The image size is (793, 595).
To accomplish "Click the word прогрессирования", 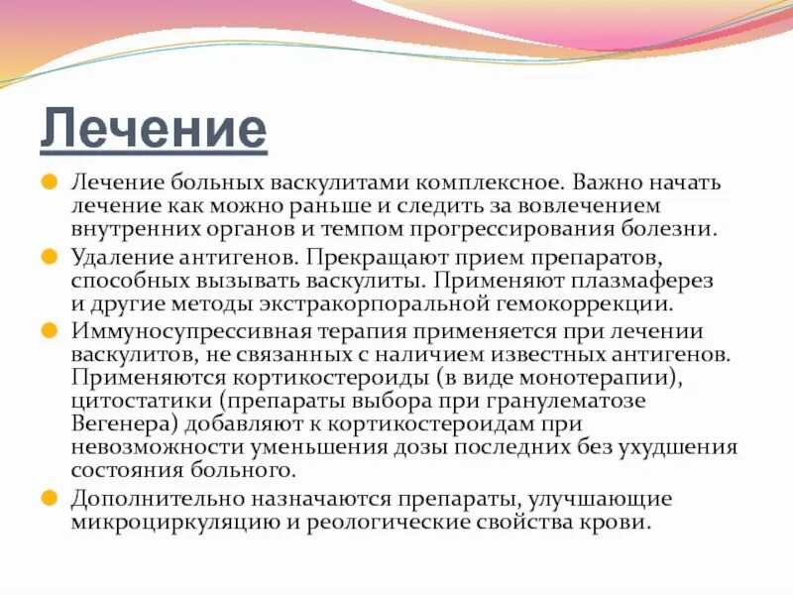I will [x=525, y=229].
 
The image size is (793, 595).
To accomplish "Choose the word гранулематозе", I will [x=569, y=401].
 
